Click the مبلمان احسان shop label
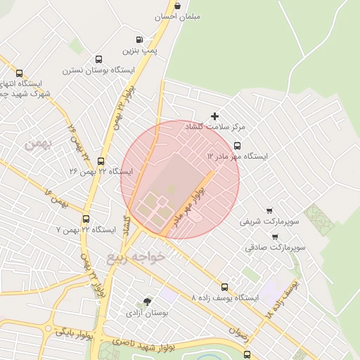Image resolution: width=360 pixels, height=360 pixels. click(x=180, y=16)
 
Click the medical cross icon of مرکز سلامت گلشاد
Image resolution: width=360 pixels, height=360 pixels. click(x=215, y=116)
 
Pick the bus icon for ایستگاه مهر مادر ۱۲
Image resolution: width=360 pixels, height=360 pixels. click(x=237, y=146)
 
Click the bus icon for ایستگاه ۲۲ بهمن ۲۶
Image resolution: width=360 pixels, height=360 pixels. click(x=101, y=161)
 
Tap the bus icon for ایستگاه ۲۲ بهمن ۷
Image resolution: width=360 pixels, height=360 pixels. click(x=86, y=219)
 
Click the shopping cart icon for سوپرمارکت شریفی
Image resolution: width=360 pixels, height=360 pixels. click(x=269, y=210)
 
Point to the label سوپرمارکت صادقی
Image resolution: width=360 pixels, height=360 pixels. click(x=275, y=247)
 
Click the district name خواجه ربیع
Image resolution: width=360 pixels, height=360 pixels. click(x=136, y=257)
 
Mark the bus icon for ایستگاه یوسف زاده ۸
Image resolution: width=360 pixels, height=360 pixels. click(x=224, y=287)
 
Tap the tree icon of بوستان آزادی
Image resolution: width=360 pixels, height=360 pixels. click(x=146, y=301)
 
